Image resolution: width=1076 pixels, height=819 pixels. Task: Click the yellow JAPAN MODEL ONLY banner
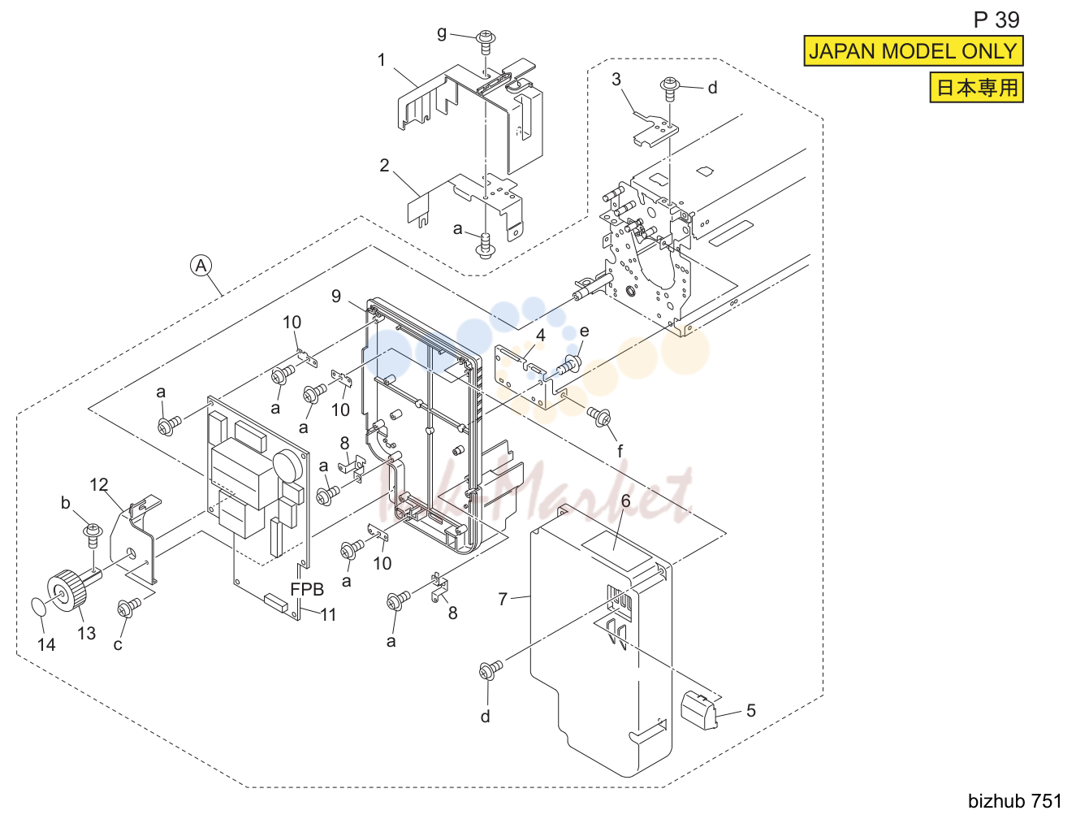click(914, 51)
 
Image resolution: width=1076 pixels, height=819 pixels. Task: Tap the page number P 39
click(996, 19)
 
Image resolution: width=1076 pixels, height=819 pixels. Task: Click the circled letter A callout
click(201, 266)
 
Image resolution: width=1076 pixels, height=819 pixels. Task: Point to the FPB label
click(307, 589)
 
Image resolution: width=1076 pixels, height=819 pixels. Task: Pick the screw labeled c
click(128, 607)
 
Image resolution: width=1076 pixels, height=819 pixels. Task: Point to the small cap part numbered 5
click(699, 711)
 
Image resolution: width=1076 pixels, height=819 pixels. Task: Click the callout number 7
click(503, 600)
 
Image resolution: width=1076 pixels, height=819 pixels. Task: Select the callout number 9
click(335, 297)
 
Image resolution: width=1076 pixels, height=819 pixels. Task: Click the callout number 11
click(328, 614)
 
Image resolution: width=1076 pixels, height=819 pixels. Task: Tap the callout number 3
click(616, 80)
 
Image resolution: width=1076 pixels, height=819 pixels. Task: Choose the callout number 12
click(98, 484)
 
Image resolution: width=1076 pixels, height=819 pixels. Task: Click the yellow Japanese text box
click(976, 87)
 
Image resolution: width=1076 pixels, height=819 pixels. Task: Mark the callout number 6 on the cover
click(625, 501)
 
